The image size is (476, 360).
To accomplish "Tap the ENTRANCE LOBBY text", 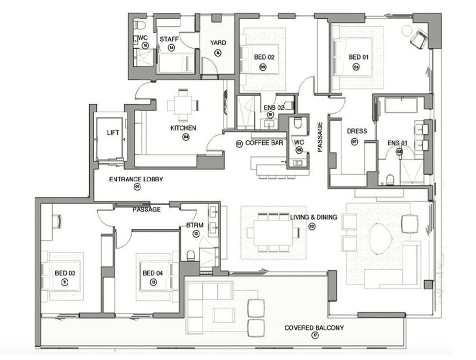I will point(136,179).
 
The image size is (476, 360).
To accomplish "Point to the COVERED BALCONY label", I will point(314,328).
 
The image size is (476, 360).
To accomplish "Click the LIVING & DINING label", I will point(313,218).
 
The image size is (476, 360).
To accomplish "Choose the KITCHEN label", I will point(183,128).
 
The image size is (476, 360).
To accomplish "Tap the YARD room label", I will point(218,42).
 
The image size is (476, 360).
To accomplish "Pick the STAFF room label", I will point(169,39).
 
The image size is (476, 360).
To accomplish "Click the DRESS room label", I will point(357,131).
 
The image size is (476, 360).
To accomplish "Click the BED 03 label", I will point(64,273).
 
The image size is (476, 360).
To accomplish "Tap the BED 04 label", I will point(153,273).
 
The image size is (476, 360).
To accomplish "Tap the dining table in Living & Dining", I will point(273,232).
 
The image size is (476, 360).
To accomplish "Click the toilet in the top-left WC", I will point(139,24).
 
